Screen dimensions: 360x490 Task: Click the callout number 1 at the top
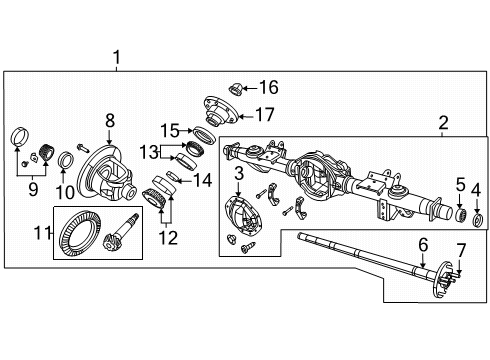coord(118,58)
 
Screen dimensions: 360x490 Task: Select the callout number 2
coord(442,123)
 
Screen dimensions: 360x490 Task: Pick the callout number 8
coord(111,120)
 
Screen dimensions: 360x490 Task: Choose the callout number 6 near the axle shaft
coord(423,244)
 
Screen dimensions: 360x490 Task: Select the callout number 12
coord(169,238)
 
